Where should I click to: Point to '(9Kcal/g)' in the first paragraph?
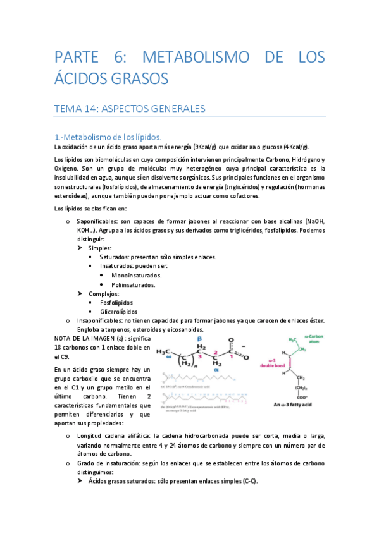point(201,147)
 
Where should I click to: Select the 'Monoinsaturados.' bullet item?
point(136,276)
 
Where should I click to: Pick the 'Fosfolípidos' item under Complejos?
point(121,303)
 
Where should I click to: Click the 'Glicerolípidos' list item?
point(124,312)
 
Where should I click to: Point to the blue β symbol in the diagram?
point(199,338)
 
